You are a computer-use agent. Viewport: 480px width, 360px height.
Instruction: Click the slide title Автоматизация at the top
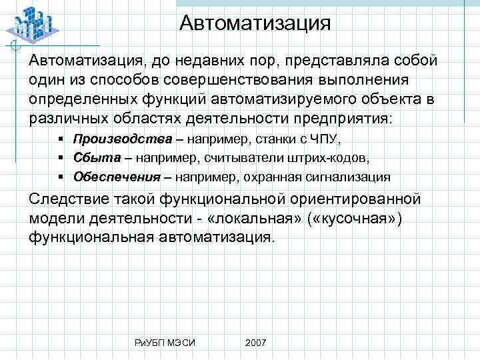[x=255, y=25]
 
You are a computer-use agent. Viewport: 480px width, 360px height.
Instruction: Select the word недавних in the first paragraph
[x=211, y=61]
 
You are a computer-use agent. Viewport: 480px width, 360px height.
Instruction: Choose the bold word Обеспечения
[x=117, y=177]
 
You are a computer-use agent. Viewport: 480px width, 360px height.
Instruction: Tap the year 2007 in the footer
[x=255, y=342]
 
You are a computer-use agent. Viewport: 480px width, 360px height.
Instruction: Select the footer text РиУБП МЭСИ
[x=164, y=342]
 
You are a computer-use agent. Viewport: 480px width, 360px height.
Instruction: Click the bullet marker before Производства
[x=60, y=139]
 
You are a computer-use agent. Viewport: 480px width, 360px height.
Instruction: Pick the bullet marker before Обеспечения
[x=60, y=177]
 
